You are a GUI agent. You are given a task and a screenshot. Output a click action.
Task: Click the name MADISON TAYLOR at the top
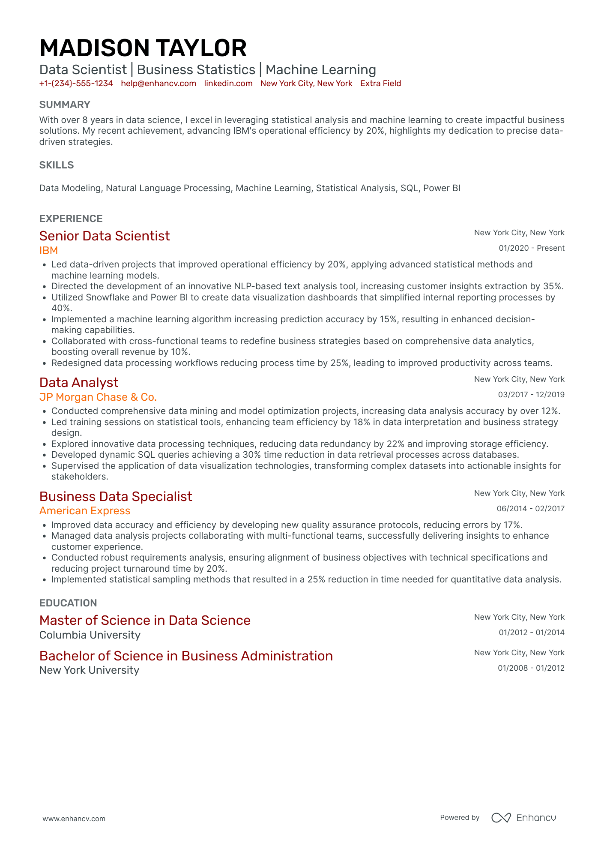143,48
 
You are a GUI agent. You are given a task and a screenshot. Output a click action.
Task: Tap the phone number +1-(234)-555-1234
76,84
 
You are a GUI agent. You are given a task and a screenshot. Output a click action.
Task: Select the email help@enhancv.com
158,84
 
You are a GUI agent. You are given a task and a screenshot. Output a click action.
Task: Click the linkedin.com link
228,84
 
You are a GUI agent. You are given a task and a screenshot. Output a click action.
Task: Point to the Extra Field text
380,84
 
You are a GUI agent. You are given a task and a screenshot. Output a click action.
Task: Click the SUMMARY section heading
65,105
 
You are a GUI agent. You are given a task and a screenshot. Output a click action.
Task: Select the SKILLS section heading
57,165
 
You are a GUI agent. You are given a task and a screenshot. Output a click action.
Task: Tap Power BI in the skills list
442,188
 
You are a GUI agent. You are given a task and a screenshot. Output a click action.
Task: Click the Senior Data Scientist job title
105,236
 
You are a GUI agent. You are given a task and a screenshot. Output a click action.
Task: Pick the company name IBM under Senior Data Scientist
48,250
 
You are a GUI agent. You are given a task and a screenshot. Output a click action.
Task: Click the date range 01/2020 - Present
531,248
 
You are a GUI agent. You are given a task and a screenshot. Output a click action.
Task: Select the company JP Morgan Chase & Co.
98,397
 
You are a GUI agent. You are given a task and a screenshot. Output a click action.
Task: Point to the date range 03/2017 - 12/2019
531,395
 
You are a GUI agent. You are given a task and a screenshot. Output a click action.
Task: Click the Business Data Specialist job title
116,496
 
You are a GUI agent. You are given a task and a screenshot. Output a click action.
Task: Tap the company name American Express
85,511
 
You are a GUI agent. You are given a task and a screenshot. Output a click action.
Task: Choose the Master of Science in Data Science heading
145,620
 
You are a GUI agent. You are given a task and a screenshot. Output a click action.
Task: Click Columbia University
90,635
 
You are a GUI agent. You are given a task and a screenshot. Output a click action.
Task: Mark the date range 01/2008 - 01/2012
531,668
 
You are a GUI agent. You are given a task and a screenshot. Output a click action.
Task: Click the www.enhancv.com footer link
74,819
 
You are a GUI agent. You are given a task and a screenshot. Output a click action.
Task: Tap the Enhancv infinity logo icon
501,818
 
